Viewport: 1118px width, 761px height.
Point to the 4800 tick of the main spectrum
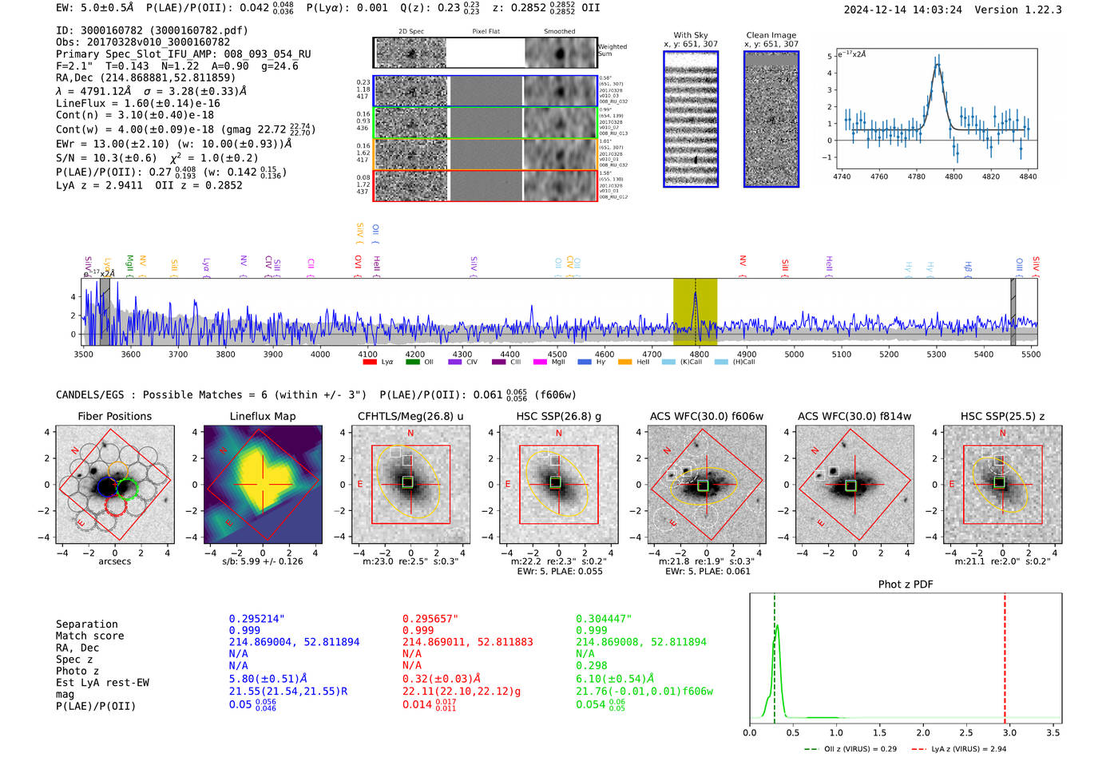pos(699,354)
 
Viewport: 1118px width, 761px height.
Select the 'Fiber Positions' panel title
pos(114,416)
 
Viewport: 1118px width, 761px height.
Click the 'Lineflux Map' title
pos(262,416)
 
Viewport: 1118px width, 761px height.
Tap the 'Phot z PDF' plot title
pos(905,584)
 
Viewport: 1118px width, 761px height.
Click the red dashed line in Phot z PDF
pos(1005,655)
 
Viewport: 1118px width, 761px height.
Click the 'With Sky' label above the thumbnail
pos(690,35)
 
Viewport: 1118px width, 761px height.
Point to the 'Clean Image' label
pos(771,35)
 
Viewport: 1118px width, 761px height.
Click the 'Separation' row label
pos(86,624)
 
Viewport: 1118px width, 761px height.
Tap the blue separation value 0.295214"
pos(256,619)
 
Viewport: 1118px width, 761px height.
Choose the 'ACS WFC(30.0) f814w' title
pos(854,416)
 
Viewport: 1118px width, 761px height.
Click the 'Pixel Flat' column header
pos(486,31)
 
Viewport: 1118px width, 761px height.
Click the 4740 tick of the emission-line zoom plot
pos(842,176)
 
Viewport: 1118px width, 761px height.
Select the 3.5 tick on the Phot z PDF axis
pos(1053,732)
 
